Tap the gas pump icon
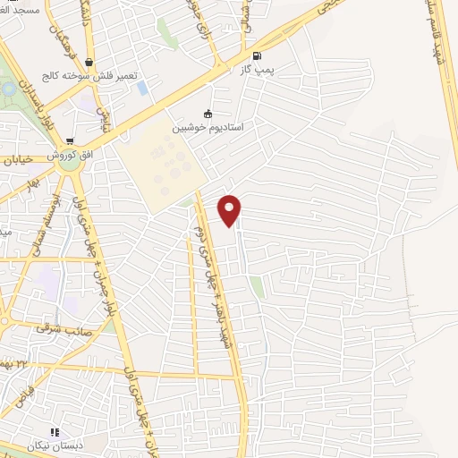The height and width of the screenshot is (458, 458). pos(259,55)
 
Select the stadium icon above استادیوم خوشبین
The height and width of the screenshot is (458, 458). pos(208,114)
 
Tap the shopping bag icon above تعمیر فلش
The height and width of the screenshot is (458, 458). pos(89,63)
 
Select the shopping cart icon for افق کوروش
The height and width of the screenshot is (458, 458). pos(70,141)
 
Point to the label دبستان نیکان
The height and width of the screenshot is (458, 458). pos(63,445)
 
